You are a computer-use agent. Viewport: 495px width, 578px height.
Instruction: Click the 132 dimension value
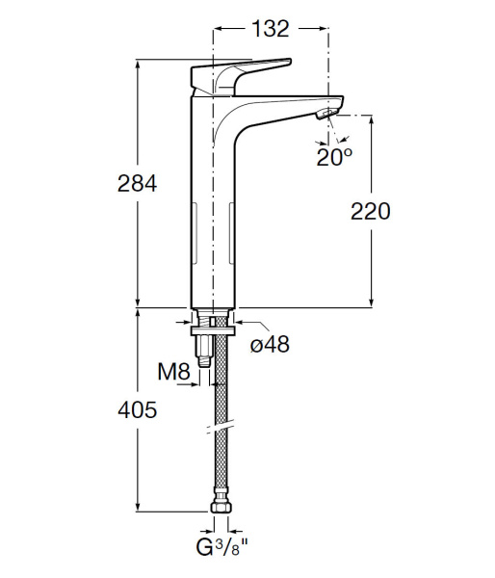[271, 29]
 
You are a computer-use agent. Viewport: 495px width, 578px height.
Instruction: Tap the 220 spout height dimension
[371, 211]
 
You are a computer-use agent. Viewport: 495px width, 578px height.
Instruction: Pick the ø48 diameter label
[271, 344]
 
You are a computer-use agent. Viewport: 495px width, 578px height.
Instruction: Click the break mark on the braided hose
[221, 425]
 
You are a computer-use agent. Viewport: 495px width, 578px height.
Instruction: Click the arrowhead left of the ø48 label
[240, 323]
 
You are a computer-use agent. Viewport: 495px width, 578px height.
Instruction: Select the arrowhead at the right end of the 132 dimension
[325, 29]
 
